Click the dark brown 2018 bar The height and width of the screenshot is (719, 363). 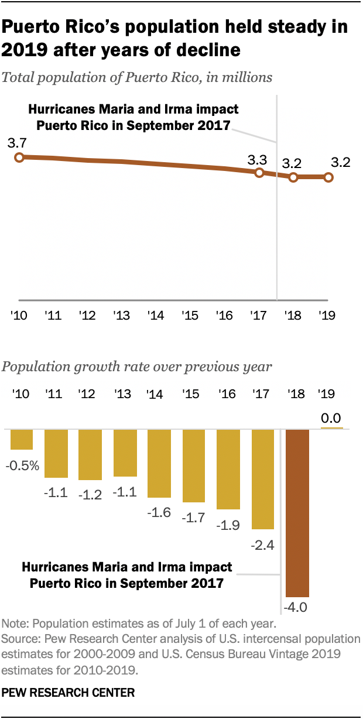tap(297, 512)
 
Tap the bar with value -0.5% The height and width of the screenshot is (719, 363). tap(22, 439)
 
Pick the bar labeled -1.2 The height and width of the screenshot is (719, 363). tap(90, 455)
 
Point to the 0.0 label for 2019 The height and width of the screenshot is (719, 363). tap(331, 419)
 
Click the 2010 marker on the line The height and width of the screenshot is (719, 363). tap(19, 157)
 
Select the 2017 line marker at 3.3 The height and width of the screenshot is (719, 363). tap(259, 173)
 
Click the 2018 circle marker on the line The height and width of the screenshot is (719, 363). tap(293, 177)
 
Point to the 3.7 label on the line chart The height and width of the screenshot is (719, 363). tap(18, 142)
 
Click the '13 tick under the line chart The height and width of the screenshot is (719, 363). tap(121, 316)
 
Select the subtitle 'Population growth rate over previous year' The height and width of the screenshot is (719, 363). tap(137, 367)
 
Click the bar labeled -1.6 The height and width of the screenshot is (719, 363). tap(159, 463)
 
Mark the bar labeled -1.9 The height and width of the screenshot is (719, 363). tap(228, 468)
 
